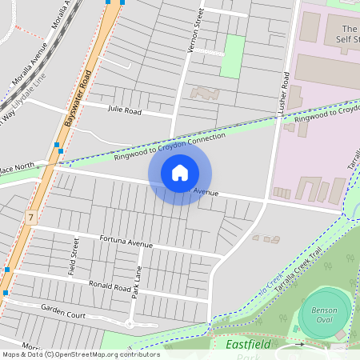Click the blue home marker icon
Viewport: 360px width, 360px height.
pos(180,172)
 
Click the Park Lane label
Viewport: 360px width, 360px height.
pos(138,283)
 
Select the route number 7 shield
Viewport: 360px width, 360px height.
pos(30,218)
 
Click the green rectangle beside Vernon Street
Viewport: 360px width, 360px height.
pos(232,56)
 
